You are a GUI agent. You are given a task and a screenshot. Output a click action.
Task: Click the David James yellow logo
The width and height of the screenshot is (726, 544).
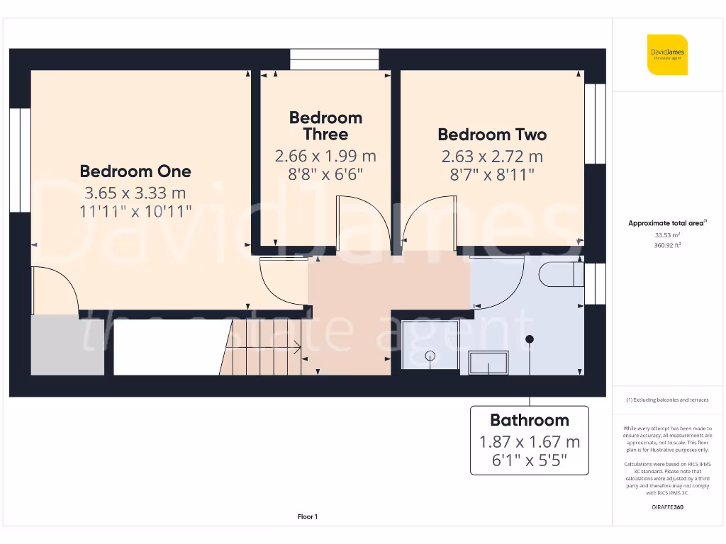[x=666, y=55]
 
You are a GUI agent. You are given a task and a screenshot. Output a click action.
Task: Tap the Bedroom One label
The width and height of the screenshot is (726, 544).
[x=135, y=171]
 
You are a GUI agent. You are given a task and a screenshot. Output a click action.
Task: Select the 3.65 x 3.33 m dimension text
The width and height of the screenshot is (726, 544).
[x=135, y=192]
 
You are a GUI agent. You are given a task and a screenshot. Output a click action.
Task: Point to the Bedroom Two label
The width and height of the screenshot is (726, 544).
[x=492, y=135]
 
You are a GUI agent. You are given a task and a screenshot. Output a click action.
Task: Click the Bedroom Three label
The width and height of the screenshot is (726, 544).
[x=325, y=126]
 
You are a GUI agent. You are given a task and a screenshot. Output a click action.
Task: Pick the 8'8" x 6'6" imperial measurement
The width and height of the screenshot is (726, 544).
[x=325, y=174]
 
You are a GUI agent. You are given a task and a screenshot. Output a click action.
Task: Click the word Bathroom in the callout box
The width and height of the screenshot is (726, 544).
[x=530, y=420]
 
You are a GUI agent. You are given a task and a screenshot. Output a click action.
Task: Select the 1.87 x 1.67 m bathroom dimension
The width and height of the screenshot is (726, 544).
[x=530, y=442]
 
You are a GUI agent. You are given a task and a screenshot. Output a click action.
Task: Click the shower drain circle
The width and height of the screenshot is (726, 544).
[x=430, y=356]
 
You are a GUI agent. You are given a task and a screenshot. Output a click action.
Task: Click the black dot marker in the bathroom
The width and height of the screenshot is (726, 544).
[x=530, y=339]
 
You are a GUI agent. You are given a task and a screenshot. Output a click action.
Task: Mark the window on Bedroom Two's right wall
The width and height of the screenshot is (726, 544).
[x=595, y=124]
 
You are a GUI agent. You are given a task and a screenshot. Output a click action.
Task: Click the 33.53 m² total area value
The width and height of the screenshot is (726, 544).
[x=666, y=234]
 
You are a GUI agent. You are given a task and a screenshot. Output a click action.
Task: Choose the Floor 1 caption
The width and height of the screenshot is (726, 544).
[x=307, y=517]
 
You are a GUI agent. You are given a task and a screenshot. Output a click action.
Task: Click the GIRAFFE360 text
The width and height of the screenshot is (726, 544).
[x=666, y=507]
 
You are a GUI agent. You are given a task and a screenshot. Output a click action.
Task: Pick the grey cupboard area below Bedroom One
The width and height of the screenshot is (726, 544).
[x=68, y=345]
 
